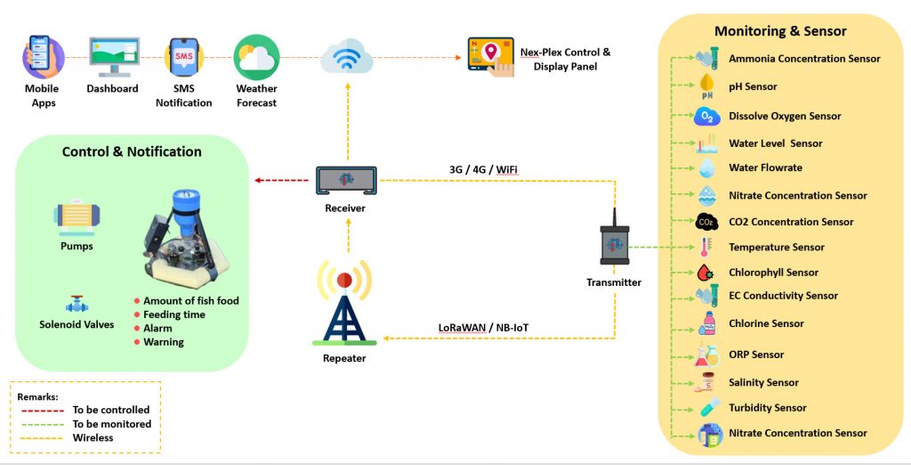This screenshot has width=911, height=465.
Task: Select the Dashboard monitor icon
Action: tap(113, 57)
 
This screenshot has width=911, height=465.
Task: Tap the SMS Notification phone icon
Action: tap(184, 57)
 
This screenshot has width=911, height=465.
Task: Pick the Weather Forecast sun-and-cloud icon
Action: tap(256, 57)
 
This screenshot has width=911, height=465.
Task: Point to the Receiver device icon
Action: tap(345, 181)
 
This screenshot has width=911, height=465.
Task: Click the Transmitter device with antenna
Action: tap(614, 241)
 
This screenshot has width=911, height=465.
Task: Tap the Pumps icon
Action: tap(77, 217)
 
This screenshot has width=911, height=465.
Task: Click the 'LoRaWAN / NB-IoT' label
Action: tap(483, 328)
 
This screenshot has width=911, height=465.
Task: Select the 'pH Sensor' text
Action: tap(753, 87)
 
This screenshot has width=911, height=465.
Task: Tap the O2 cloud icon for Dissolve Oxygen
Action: tap(707, 117)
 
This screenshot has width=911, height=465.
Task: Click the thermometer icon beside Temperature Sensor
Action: tap(706, 248)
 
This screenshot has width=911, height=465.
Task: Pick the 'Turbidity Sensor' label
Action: tap(767, 408)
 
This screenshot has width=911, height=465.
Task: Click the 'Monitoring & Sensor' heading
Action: tap(780, 31)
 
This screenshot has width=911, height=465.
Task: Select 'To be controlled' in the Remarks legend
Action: tap(111, 411)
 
